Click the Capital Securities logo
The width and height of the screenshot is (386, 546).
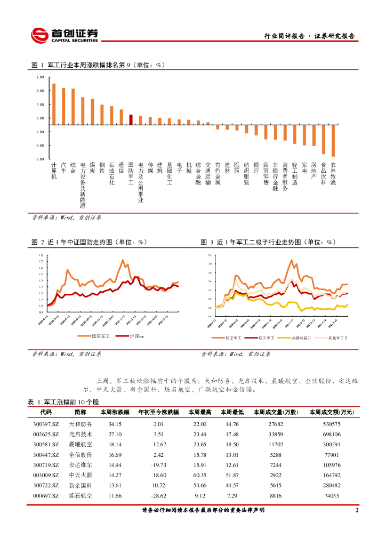coord(65,35)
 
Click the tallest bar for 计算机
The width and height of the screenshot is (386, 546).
coord(54,104)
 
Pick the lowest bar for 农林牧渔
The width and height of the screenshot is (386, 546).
coord(333,141)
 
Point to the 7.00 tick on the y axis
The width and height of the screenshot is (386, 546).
coord(41,77)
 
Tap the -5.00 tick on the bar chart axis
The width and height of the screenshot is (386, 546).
coord(41,159)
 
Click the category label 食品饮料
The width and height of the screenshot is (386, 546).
coord(324,173)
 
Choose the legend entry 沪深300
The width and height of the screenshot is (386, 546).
coord(133,336)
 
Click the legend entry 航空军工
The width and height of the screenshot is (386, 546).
coord(233,338)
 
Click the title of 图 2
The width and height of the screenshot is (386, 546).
coord(89,242)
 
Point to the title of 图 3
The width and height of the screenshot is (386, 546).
coord(268,242)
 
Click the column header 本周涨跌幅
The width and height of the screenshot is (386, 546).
coord(115,412)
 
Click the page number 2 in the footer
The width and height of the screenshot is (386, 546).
coord(357,511)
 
